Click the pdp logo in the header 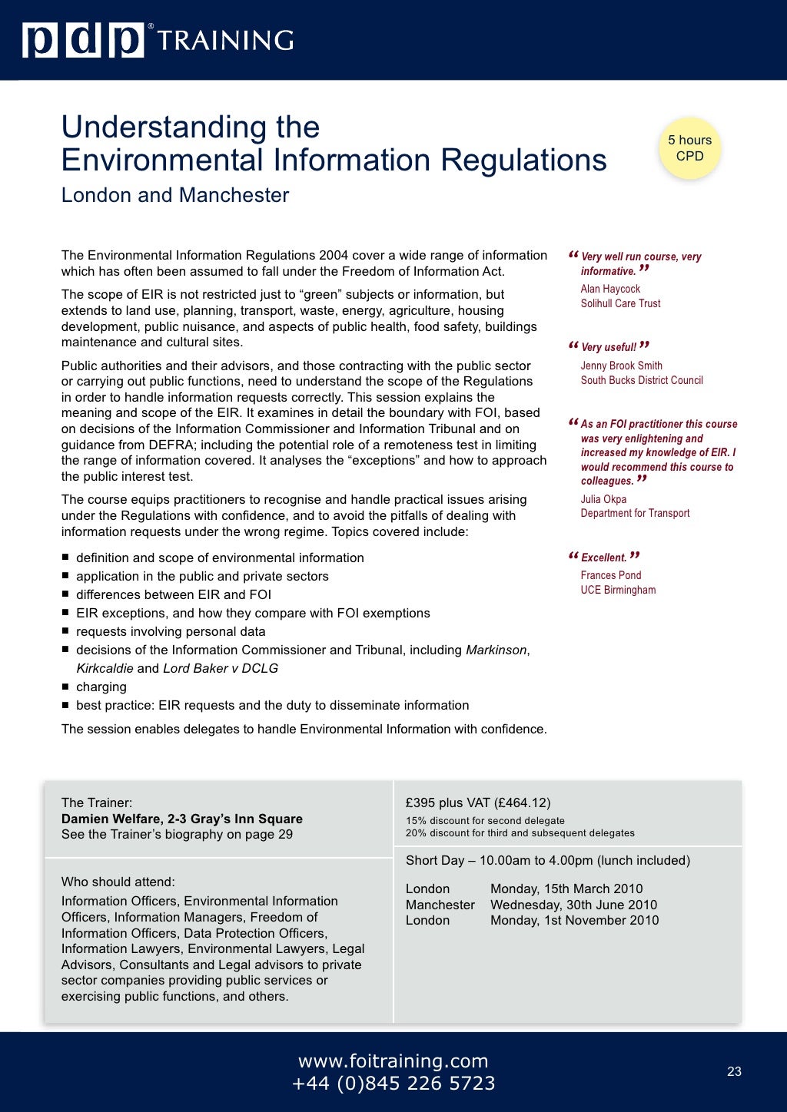(x=83, y=40)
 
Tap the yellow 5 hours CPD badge (x=689, y=148)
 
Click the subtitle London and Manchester (x=174, y=195)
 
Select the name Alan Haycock (x=610, y=289)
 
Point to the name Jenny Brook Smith (x=621, y=366)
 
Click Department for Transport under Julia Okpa (x=635, y=513)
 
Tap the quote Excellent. (x=603, y=558)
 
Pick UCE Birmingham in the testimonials (x=618, y=590)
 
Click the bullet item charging (x=101, y=687)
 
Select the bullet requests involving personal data (x=171, y=631)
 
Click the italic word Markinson (x=496, y=650)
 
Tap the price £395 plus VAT (x=477, y=803)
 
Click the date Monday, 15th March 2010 (x=566, y=889)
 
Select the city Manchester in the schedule (x=440, y=905)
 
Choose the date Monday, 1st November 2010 (x=574, y=920)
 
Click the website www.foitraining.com (x=393, y=1061)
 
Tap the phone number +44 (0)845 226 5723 (x=393, y=1084)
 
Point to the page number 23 (x=734, y=1071)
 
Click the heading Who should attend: (x=118, y=882)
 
